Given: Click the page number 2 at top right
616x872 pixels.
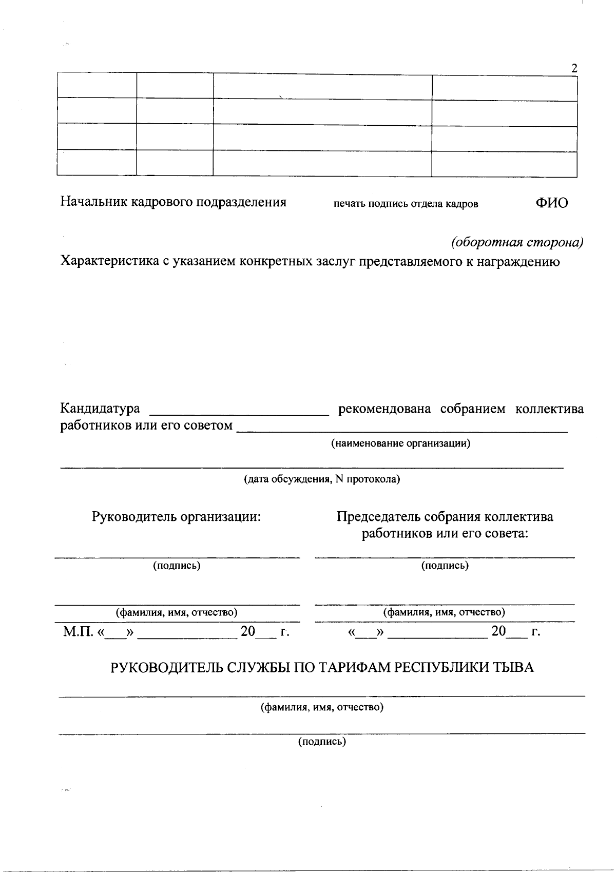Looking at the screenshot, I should tap(574, 68).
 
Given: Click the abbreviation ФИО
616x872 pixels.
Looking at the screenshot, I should tap(552, 203).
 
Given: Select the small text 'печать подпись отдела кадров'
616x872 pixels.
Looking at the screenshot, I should tap(406, 204).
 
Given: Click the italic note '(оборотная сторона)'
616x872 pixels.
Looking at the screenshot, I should tap(517, 242).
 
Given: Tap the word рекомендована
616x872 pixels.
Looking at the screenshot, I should tap(384, 410).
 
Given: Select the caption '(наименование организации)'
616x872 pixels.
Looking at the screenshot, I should tap(400, 443).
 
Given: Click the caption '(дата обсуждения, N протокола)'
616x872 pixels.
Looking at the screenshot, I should tap(321, 479).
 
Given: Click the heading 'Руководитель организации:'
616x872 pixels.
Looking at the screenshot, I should tap(177, 517).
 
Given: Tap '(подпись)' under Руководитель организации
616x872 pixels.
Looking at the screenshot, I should tap(177, 566).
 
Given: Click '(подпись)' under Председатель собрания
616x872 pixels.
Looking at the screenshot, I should tap(445, 566).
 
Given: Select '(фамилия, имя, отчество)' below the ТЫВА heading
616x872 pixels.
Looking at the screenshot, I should tap(322, 707).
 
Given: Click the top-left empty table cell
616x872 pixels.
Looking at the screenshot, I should tap(97, 85).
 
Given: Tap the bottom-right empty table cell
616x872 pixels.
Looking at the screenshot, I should tap(504, 164).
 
